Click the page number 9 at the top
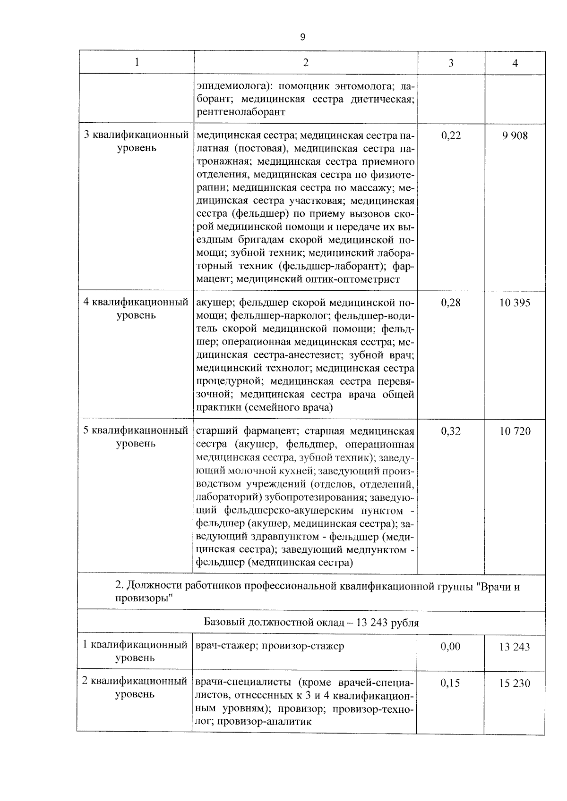click(302, 37)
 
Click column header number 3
click(451, 63)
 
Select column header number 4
click(515, 63)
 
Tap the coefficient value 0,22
click(451, 136)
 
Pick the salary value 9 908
click(515, 136)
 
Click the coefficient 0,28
click(451, 303)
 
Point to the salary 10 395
click(515, 303)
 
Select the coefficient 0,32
click(451, 431)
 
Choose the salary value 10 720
click(515, 431)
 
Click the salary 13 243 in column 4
click(515, 647)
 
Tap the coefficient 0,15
click(450, 683)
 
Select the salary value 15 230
click(515, 683)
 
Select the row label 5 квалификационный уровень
click(136, 437)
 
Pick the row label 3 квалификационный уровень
click(136, 142)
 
